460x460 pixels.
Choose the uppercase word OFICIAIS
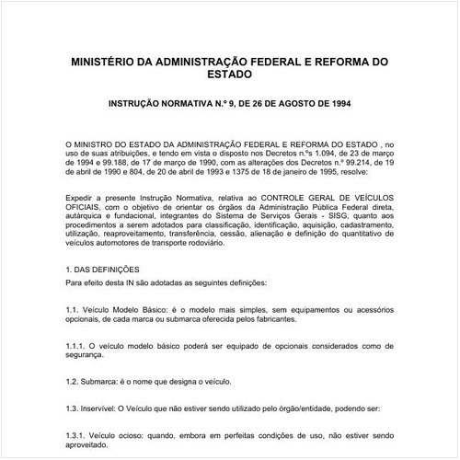[x=88, y=208]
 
